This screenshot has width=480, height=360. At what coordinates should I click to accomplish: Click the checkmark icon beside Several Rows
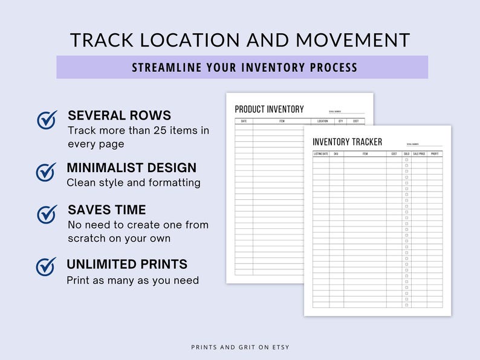tap(47, 120)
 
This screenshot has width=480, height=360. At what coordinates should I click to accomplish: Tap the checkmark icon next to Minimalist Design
tap(47, 172)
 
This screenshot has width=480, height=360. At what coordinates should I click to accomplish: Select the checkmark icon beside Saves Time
tap(47, 214)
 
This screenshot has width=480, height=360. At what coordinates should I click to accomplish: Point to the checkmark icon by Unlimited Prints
tap(47, 266)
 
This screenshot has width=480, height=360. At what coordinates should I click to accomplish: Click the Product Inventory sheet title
tap(269, 109)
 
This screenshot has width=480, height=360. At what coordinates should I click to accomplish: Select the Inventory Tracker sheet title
tap(347, 142)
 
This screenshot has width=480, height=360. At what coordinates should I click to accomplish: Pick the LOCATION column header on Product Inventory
tap(322, 121)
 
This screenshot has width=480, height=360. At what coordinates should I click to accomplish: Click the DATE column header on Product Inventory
tap(244, 121)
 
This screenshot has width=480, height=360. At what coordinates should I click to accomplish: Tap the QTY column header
tap(340, 121)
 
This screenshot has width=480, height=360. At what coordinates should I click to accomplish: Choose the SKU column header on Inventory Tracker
tap(336, 154)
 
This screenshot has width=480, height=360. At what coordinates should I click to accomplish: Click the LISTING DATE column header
tap(320, 154)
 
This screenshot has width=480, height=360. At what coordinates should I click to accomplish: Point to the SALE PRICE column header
tap(419, 154)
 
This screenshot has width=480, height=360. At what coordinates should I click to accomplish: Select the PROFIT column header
tap(435, 154)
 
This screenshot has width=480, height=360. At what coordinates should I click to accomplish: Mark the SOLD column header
tap(406, 154)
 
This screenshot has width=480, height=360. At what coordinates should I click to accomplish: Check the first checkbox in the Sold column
tap(406, 160)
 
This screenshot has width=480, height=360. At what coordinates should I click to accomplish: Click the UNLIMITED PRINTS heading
tap(127, 265)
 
